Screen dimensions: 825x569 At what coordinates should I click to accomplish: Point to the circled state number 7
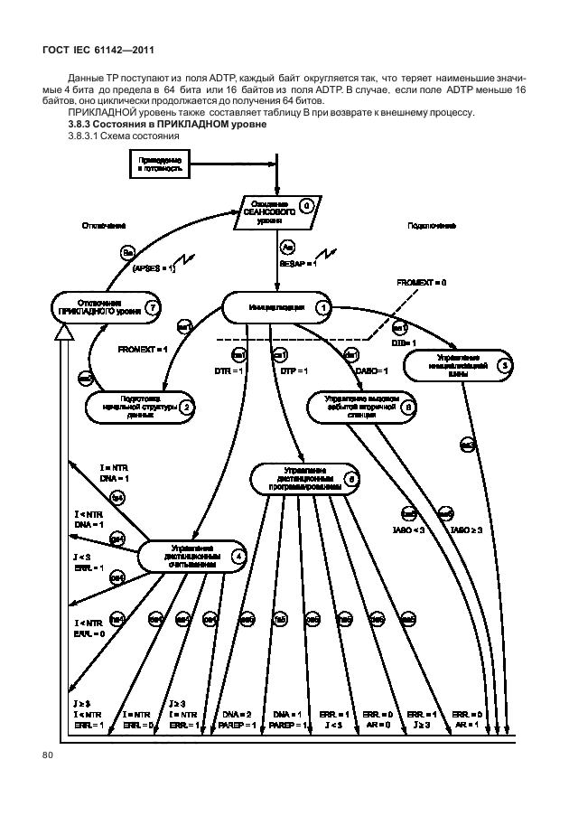click(154, 307)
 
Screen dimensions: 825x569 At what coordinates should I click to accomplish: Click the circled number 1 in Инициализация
click(322, 307)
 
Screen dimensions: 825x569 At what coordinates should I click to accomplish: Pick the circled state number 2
click(185, 408)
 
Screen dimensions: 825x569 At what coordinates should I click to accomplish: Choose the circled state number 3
click(505, 366)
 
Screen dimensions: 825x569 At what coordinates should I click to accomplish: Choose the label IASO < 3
click(413, 530)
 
